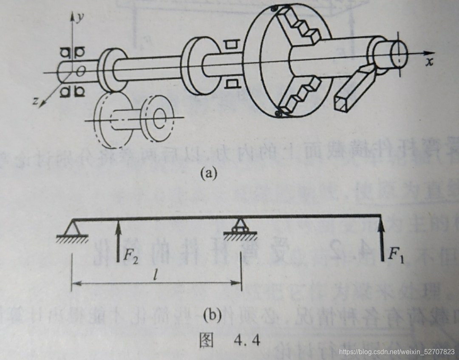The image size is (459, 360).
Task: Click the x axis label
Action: pyautogui.click(x=430, y=62)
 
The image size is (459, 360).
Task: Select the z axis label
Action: pyautogui.click(x=37, y=101)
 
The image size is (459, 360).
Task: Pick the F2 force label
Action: pyautogui.click(x=131, y=255)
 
